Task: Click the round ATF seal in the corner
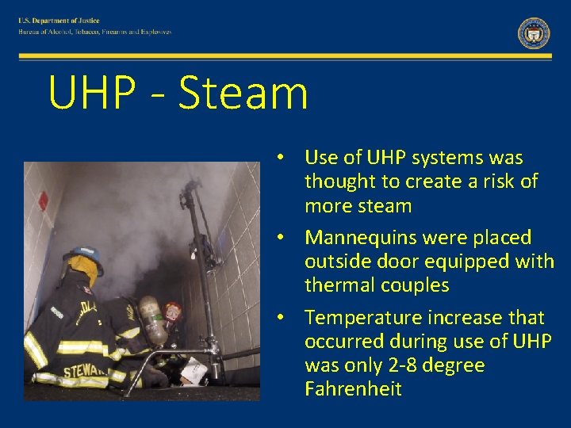[533, 33]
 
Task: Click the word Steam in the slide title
[243, 93]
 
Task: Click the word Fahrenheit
[353, 389]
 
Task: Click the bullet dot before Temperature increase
[281, 318]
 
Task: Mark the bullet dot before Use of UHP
[281, 158]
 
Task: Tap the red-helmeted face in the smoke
[173, 311]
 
